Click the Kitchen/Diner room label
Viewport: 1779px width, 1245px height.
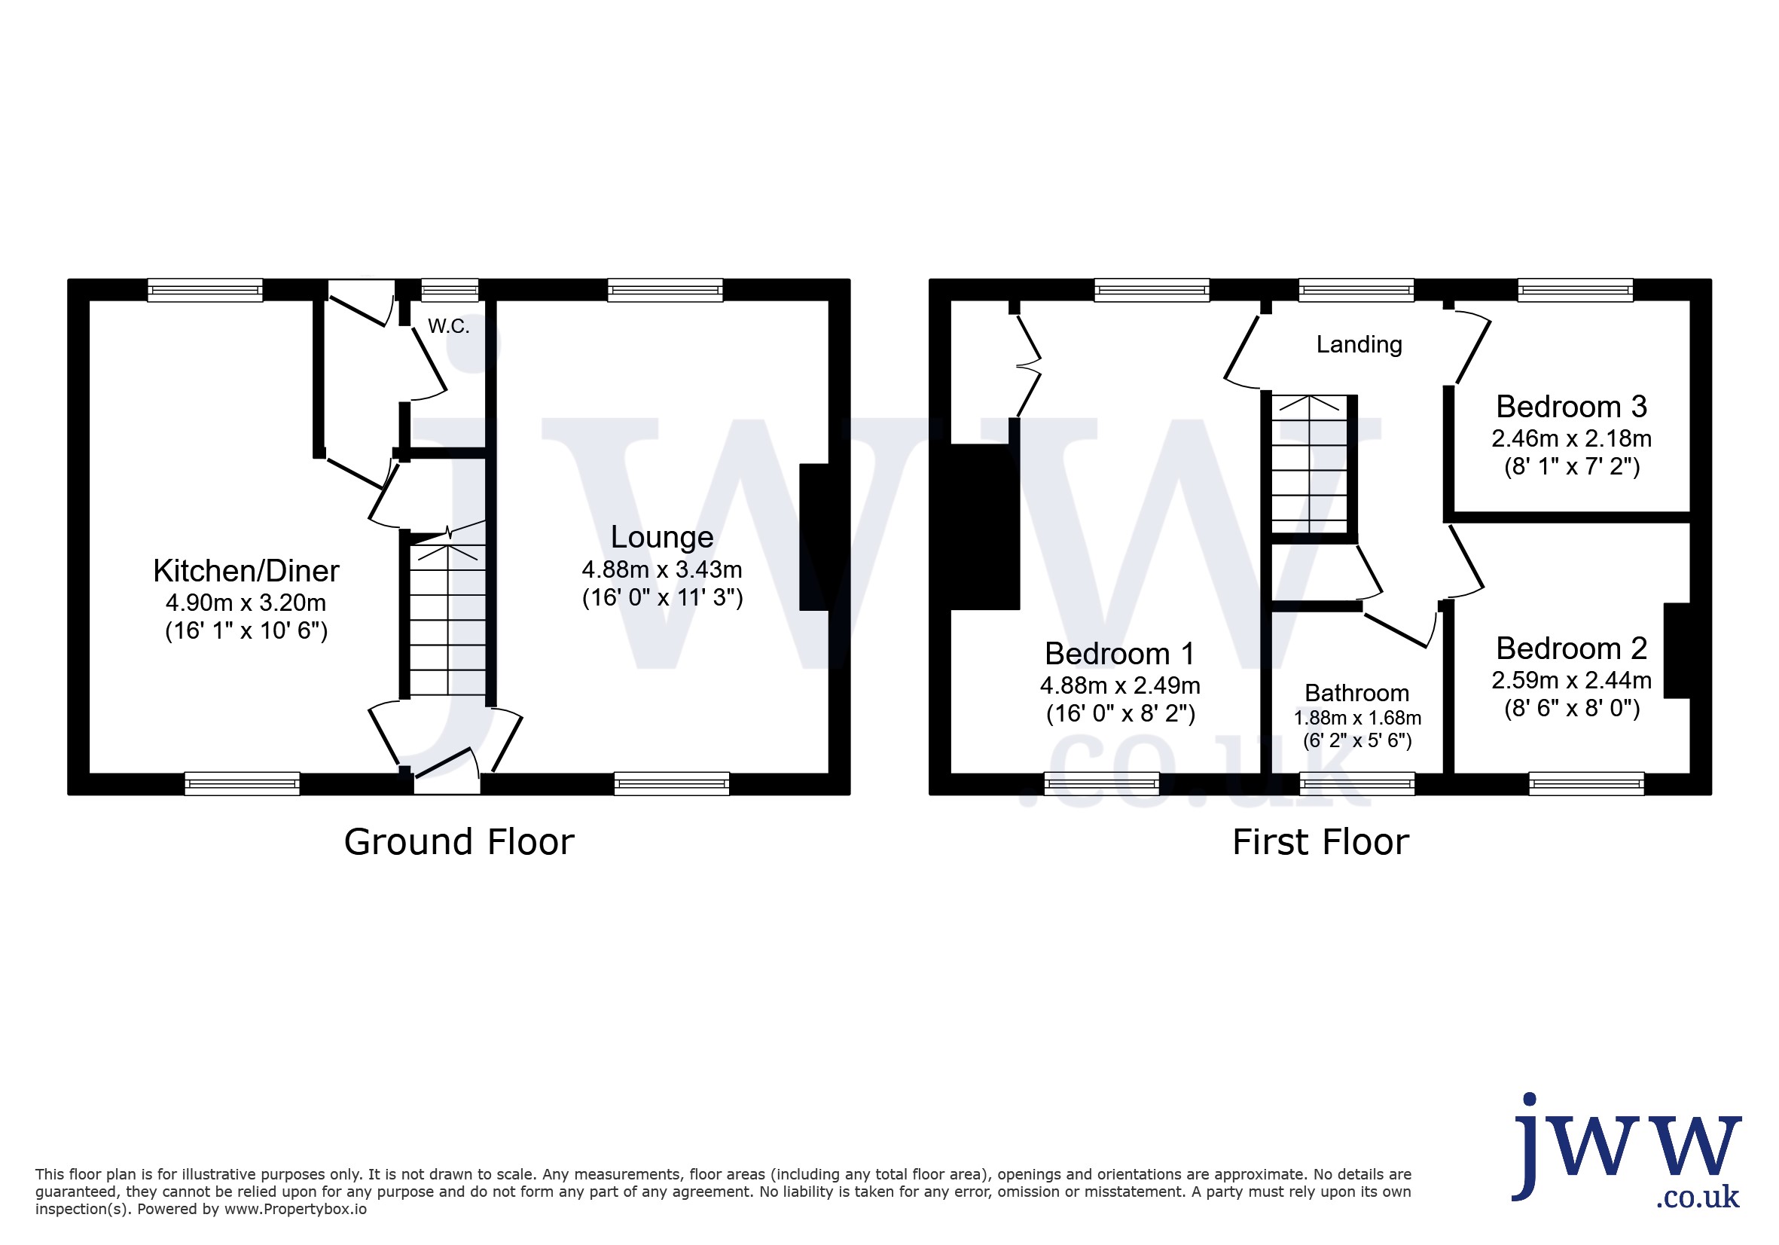tap(246, 571)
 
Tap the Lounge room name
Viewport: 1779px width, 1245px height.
tap(662, 538)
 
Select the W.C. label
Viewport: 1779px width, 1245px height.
tap(449, 326)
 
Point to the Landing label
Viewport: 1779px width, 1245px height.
tap(1359, 345)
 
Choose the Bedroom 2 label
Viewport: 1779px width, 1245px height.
tap(1571, 648)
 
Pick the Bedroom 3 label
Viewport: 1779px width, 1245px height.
tap(1571, 407)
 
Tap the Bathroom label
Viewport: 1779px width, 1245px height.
tap(1356, 693)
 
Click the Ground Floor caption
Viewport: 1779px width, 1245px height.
tap(459, 842)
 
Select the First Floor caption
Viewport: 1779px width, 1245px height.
tap(1321, 842)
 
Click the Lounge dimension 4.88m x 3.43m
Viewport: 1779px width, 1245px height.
tap(662, 570)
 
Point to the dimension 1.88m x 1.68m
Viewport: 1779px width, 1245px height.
tap(1357, 719)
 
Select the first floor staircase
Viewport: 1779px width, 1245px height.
tap(1310, 464)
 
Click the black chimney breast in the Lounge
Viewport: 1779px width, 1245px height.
tap(814, 537)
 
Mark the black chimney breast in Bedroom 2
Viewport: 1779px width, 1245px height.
tap(1677, 650)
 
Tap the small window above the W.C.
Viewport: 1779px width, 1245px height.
tap(450, 291)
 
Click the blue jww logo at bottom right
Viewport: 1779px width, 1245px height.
tap(1626, 1149)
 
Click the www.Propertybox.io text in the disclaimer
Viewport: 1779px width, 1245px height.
tap(295, 1210)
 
